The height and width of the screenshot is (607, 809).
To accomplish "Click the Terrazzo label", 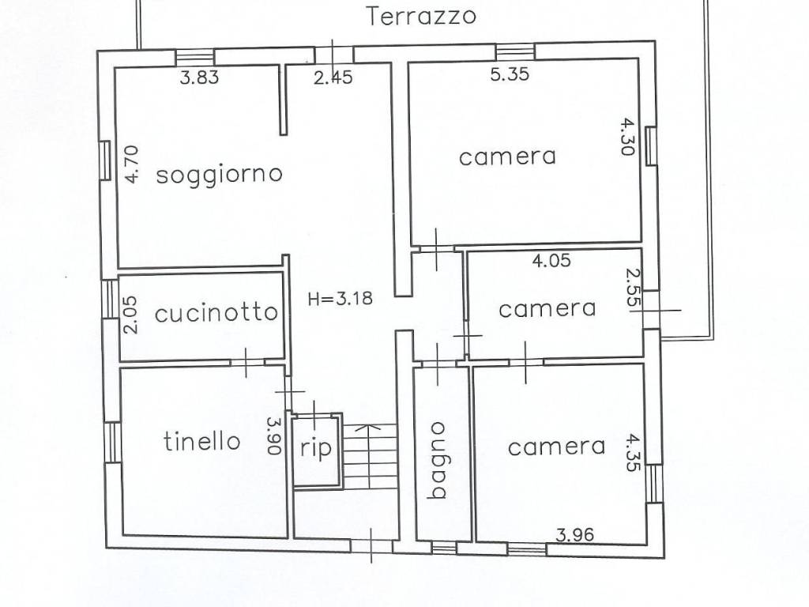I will [x=423, y=16].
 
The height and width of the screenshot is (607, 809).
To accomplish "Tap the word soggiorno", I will [x=219, y=173].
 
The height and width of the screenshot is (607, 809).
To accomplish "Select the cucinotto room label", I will [x=216, y=313].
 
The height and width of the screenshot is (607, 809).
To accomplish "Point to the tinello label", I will [x=202, y=441].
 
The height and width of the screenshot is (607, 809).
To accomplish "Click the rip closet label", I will [x=316, y=447].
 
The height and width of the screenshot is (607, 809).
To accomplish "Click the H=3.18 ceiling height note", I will [x=340, y=298].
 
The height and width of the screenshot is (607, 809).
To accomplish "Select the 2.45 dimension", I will [x=333, y=77].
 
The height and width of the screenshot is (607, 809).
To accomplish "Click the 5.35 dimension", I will [x=510, y=75].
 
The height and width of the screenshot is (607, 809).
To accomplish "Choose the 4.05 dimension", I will [x=551, y=260].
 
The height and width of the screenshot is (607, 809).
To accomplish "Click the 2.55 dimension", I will [x=632, y=287].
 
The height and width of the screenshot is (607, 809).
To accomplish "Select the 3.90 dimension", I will [x=274, y=435].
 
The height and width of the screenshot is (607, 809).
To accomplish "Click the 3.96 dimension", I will [x=574, y=534].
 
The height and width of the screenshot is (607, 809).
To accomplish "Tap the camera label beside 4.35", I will [x=556, y=447].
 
